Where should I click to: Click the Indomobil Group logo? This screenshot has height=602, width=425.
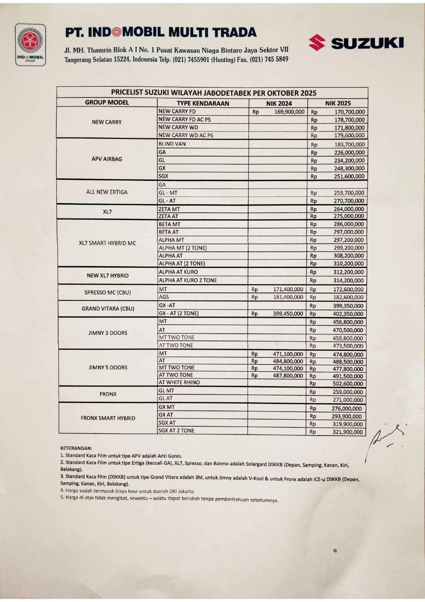(30, 45)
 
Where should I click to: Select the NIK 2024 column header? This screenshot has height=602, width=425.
(279, 103)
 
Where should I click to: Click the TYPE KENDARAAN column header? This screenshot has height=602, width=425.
(203, 103)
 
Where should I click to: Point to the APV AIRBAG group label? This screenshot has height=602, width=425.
(107, 159)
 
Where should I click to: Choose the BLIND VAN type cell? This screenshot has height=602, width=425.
(172, 144)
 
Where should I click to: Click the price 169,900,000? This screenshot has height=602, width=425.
(289, 112)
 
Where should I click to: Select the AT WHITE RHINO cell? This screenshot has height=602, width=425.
(179, 382)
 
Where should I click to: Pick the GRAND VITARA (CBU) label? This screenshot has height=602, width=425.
(108, 309)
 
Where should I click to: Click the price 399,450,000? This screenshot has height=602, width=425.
(288, 314)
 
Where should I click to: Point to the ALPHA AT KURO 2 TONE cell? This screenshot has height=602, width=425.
(188, 280)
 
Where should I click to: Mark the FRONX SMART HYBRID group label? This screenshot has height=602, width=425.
(108, 418)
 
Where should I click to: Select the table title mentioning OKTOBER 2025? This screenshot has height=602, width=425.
(214, 93)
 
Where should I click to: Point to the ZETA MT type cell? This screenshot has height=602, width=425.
(169, 209)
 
